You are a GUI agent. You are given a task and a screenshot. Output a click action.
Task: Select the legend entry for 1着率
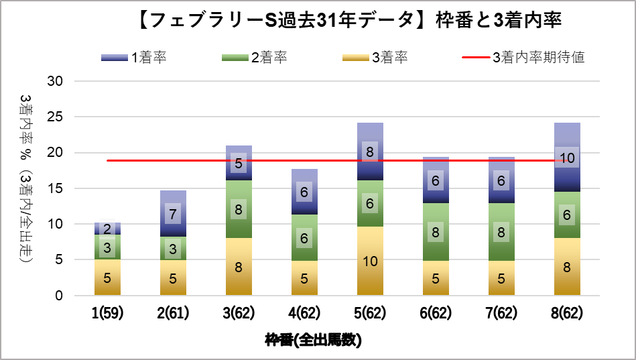pos(134,58)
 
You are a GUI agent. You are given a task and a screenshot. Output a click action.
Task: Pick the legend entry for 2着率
pos(255,58)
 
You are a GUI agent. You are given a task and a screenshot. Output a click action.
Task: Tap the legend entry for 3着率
pos(375,58)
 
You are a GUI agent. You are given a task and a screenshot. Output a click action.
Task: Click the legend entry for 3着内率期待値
pos(523,58)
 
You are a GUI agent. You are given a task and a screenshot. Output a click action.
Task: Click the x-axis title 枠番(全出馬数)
pos(313,341)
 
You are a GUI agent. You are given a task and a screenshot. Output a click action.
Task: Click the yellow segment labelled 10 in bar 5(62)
pos(370,261)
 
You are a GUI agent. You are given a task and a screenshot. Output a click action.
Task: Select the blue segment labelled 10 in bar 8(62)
pos(567,158)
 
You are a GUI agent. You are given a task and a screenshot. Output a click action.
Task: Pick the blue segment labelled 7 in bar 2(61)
pos(173,214)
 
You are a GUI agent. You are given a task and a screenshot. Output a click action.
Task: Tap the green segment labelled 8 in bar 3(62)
pos(239,209)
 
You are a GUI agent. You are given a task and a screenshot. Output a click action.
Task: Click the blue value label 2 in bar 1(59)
pos(107,229)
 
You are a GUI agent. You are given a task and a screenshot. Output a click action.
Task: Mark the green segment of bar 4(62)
pos(304,237)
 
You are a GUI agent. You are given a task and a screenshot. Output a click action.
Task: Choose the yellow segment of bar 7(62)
pos(501,278)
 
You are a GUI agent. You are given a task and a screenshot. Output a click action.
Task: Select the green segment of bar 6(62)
pos(436,232)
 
